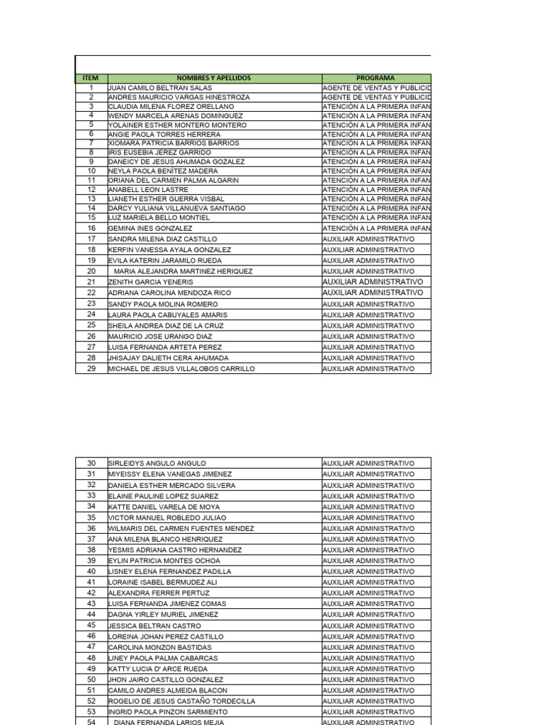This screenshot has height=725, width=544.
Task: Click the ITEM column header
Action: (91, 78)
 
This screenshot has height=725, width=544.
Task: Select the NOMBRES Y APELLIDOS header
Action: (214, 78)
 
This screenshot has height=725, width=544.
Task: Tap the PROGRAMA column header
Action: (376, 78)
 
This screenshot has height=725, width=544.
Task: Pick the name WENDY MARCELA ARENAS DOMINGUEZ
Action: (175, 115)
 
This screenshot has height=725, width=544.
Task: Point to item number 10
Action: (91, 171)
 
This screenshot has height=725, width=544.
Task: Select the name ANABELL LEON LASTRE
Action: (148, 190)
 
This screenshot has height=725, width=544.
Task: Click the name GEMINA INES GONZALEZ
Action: (150, 229)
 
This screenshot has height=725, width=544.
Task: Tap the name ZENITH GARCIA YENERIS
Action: (150, 282)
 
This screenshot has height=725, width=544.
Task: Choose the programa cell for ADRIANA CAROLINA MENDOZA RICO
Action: (373, 292)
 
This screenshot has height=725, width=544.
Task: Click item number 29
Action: (91, 368)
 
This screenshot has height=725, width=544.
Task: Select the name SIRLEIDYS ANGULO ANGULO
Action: (157, 463)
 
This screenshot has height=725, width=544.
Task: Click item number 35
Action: (91, 518)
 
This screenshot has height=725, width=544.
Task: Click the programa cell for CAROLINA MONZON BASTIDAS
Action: (368, 647)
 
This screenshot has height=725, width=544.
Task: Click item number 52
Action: (91, 701)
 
